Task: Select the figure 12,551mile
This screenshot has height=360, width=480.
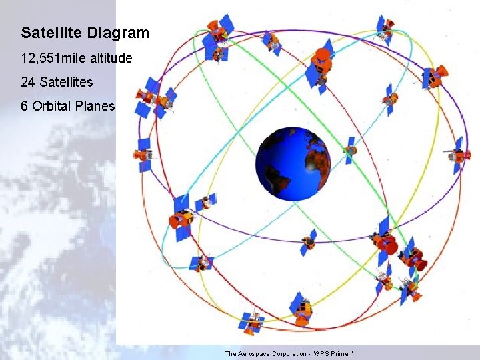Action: point(54,59)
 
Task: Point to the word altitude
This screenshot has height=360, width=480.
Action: point(111,59)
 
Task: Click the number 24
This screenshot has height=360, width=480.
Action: point(28,83)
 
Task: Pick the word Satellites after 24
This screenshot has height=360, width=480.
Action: point(65,83)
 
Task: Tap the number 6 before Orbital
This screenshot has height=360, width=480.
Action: point(25,107)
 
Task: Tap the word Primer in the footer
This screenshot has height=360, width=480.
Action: point(343,353)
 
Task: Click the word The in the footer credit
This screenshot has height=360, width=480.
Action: point(231,353)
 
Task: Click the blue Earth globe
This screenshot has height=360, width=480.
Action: point(293,163)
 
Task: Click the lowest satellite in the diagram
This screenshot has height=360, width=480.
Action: point(252,323)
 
